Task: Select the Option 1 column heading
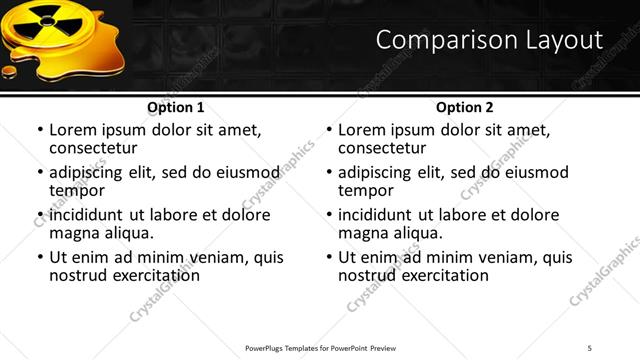tap(176, 107)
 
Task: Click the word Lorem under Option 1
tap(73, 130)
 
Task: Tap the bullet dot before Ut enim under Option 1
tap(40, 258)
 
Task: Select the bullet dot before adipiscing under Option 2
tap(329, 172)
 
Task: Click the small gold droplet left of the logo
tap(10, 71)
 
